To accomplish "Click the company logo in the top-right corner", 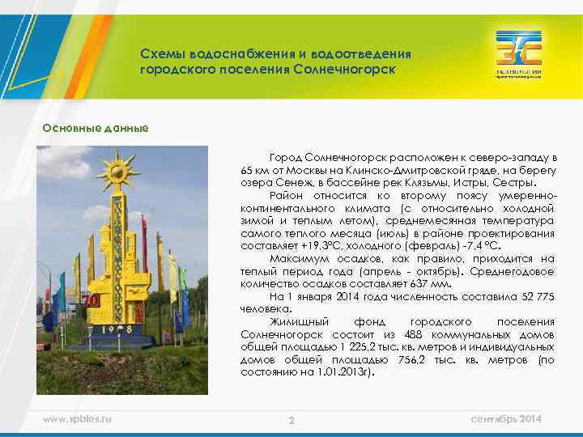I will [x=519, y=53].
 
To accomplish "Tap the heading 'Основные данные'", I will [x=96, y=127].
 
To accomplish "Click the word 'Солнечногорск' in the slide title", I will [x=350, y=69].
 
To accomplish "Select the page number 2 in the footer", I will [x=291, y=420].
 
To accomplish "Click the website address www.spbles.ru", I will [x=77, y=418].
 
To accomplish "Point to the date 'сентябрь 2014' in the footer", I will [x=508, y=418].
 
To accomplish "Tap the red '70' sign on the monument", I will [x=91, y=300].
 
